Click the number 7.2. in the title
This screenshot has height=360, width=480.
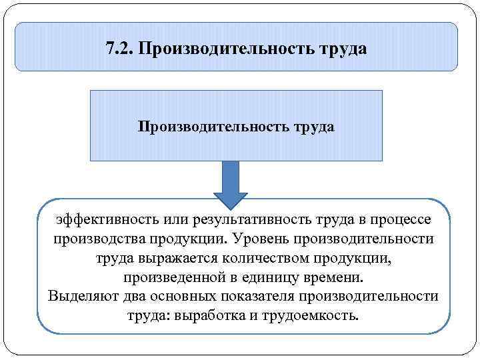pos(120,49)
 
